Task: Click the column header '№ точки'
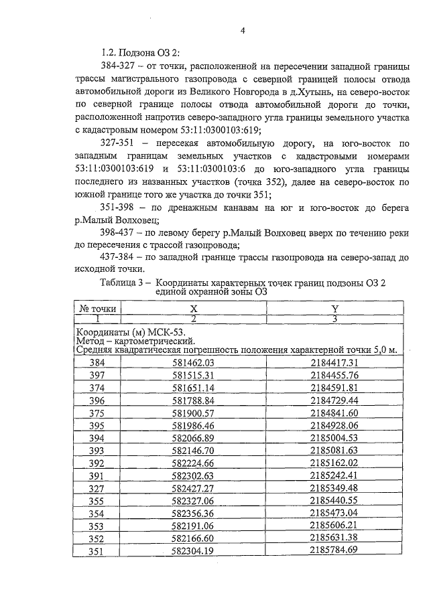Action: tap(98, 309)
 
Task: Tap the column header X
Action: tap(193, 309)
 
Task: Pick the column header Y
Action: tap(334, 309)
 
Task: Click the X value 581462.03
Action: tap(192, 362)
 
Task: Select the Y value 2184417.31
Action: tap(335, 362)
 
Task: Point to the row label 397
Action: tap(98, 375)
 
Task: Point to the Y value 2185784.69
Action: tap(335, 550)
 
